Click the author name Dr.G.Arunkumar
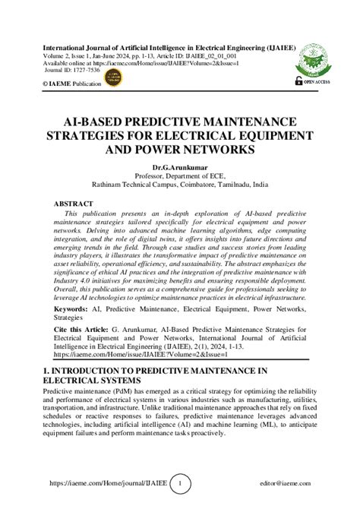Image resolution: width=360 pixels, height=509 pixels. pyautogui.click(x=180, y=164)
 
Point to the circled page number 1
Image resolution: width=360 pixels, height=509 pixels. pyautogui.click(x=179, y=483)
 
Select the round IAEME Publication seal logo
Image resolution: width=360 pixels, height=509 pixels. pyautogui.click(x=113, y=77)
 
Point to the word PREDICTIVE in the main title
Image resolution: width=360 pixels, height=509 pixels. pyautogui.click(x=153, y=121)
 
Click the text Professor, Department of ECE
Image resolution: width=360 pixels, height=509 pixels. pyautogui.click(x=180, y=174)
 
